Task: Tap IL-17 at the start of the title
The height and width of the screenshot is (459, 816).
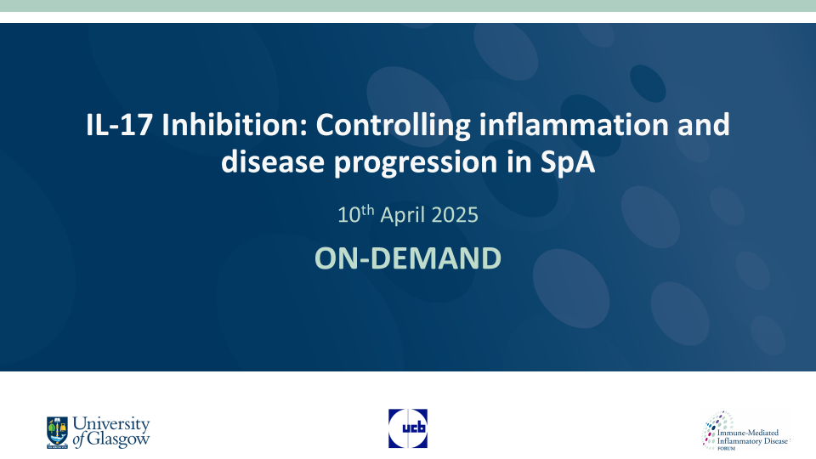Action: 119,125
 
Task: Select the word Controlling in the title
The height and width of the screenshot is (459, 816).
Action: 393,127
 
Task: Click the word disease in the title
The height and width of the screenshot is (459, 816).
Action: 273,161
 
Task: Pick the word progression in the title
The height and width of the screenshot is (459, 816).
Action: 416,163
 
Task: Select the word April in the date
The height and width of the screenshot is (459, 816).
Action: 402,215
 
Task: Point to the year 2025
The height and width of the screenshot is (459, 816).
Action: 454,215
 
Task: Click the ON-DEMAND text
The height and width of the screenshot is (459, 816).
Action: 408,258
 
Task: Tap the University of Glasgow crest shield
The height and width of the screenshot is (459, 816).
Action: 57,433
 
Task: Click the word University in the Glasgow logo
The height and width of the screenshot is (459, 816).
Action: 110,425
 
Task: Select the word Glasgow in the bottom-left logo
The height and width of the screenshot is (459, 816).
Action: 118,439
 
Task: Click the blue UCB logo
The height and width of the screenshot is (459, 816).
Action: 408,428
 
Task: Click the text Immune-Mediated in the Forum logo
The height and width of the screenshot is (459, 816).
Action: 748,433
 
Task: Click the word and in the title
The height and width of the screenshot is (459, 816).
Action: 704,125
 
